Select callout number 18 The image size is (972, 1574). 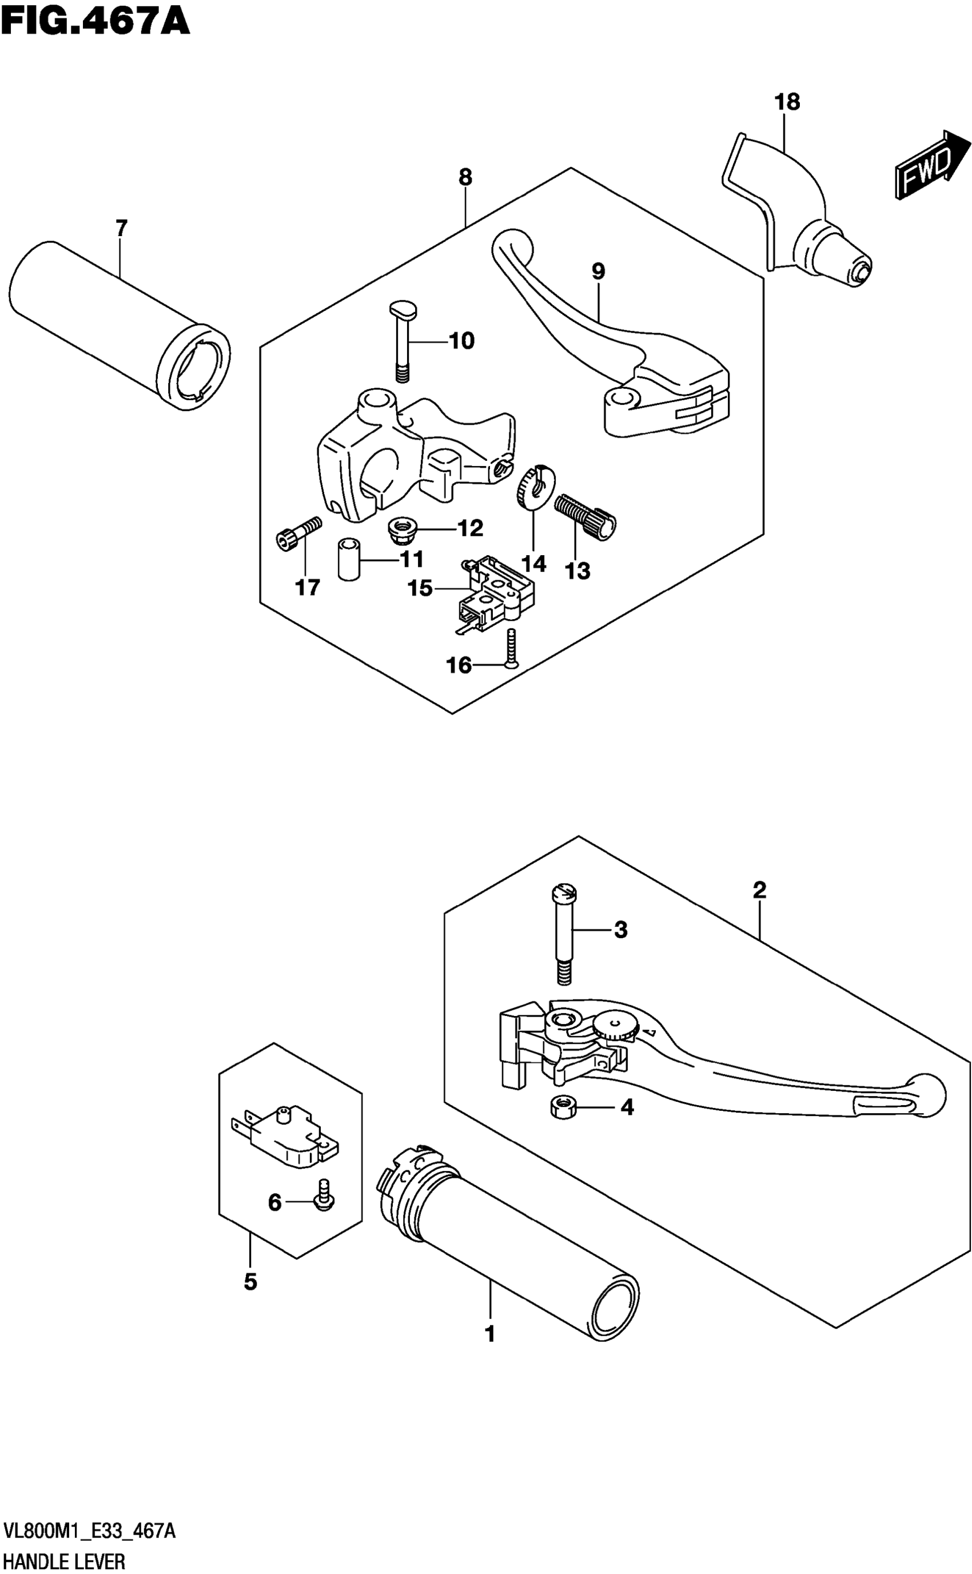click(787, 102)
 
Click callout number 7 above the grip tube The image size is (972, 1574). click(121, 228)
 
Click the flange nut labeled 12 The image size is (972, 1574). click(403, 530)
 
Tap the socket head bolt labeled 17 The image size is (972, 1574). click(298, 533)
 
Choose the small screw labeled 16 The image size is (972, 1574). click(510, 649)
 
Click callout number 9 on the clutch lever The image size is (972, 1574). click(599, 271)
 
